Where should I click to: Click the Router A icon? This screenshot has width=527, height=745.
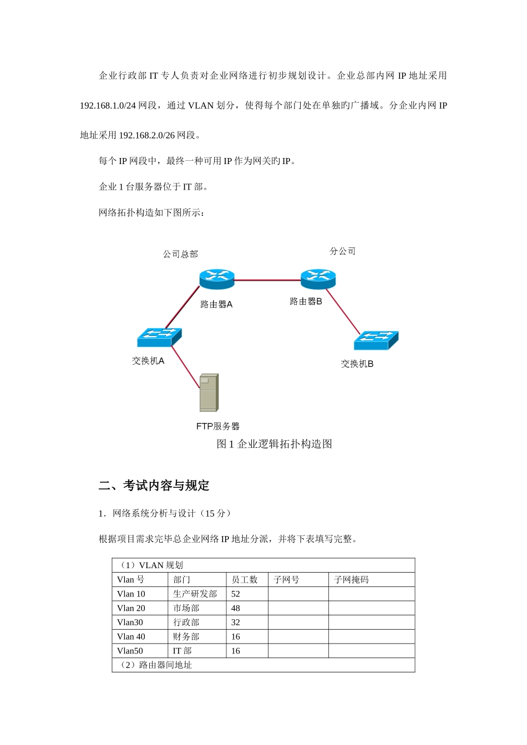pyautogui.click(x=217, y=278)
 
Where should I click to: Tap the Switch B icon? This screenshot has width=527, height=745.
pyautogui.click(x=376, y=340)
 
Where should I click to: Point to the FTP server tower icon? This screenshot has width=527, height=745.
pyautogui.click(x=209, y=392)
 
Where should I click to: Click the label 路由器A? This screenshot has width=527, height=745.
pyautogui.click(x=216, y=304)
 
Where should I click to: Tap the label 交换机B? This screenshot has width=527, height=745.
pyautogui.click(x=357, y=364)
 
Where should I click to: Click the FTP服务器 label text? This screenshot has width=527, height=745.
pyautogui.click(x=218, y=426)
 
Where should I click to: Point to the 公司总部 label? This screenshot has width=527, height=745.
pyautogui.click(x=180, y=254)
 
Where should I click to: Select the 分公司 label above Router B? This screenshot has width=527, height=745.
pyautogui.click(x=342, y=251)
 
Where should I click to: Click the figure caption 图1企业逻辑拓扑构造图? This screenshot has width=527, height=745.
pyautogui.click(x=274, y=444)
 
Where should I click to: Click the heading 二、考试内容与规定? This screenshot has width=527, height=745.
pyautogui.click(x=154, y=486)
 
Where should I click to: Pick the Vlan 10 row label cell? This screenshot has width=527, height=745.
pyautogui.click(x=131, y=594)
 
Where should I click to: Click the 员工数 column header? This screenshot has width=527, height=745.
pyautogui.click(x=245, y=580)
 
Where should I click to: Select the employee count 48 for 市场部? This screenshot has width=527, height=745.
pyautogui.click(x=236, y=608)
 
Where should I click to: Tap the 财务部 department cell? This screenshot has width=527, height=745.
pyautogui.click(x=186, y=637)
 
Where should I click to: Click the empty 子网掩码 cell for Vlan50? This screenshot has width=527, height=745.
pyautogui.click(x=371, y=651)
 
